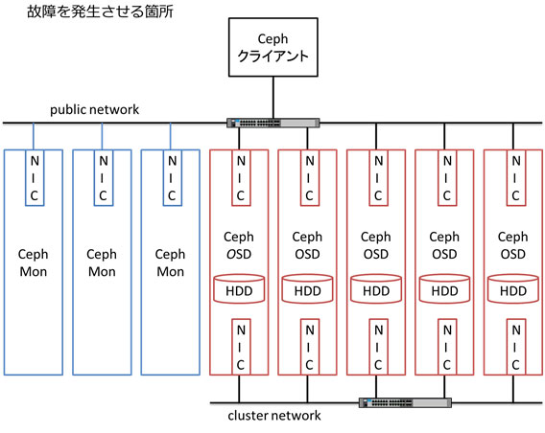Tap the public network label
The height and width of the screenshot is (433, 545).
point(95,109)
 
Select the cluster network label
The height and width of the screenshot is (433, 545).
point(274,416)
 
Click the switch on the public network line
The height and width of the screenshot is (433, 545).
point(273,123)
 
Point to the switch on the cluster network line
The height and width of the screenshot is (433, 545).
point(405,402)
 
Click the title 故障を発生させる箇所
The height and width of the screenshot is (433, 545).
point(100,11)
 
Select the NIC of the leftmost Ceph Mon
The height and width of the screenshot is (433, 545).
point(35,177)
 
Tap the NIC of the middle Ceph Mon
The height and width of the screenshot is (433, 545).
point(104,177)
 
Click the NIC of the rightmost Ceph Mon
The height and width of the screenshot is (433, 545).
point(172,177)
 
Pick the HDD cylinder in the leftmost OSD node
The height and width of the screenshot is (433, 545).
point(239,288)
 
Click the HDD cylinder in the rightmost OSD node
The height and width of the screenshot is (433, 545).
point(513,288)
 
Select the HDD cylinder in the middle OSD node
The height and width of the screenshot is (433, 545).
point(376,288)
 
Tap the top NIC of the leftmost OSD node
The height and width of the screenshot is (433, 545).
point(241,177)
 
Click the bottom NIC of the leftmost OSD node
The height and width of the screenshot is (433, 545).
point(241,347)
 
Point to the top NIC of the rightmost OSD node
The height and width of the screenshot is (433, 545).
point(516,177)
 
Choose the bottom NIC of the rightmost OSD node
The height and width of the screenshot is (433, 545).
point(516,347)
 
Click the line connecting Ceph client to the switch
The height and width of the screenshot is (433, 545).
point(273,98)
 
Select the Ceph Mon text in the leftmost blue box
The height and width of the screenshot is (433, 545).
point(33,262)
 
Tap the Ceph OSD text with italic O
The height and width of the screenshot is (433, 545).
point(239,245)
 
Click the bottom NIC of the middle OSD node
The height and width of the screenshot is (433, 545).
point(378,347)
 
